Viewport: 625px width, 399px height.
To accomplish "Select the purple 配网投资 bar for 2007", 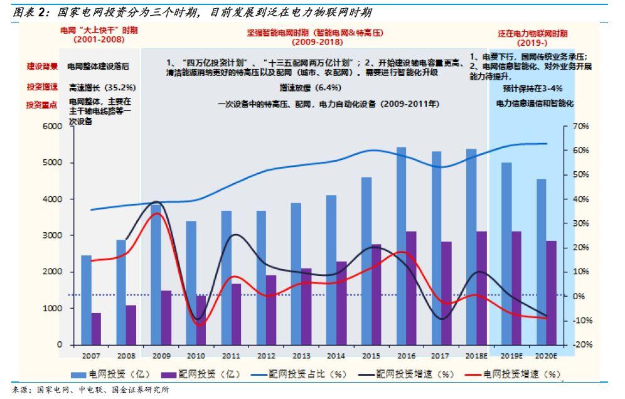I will click(96, 329).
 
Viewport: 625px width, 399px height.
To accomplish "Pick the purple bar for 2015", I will click(376, 294).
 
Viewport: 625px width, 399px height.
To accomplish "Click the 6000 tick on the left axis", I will click(52, 126).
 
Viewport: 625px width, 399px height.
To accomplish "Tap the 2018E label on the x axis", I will click(472, 356).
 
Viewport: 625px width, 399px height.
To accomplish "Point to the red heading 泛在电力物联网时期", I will click(532, 33).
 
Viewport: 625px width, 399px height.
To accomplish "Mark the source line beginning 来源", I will click(90, 390).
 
